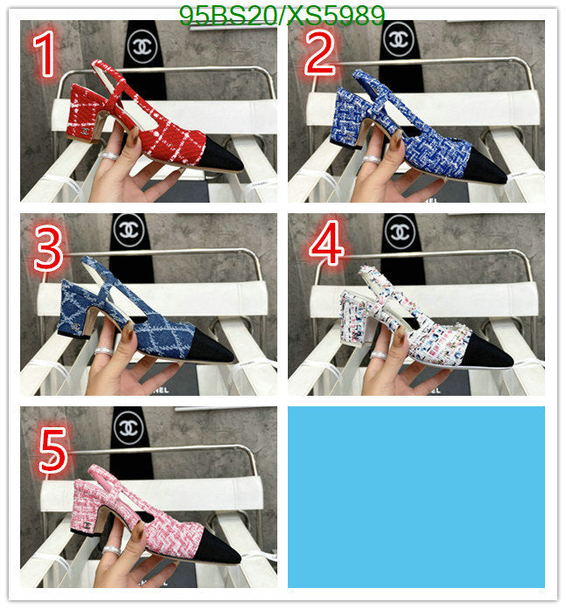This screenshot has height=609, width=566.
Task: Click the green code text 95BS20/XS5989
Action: point(282,16)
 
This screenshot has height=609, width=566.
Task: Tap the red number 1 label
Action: point(45,54)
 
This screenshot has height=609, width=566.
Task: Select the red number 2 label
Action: point(319,53)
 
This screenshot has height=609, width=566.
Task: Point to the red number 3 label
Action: point(49,248)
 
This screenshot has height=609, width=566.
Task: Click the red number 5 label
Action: point(53,450)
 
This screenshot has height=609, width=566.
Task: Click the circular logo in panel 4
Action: point(400,232)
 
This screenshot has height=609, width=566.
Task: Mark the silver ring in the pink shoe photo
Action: point(112,550)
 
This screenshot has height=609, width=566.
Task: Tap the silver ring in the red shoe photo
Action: point(109,156)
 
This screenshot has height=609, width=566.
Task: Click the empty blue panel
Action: point(416,497)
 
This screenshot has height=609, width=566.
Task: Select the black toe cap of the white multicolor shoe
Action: point(488,351)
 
